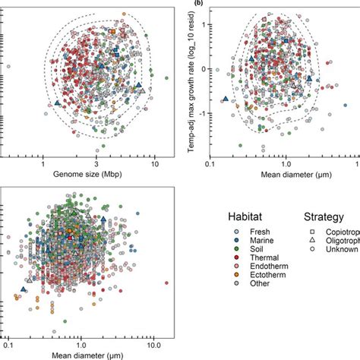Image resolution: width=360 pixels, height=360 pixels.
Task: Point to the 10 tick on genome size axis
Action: [154, 163]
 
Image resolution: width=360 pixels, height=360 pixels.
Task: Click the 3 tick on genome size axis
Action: [97, 163]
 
